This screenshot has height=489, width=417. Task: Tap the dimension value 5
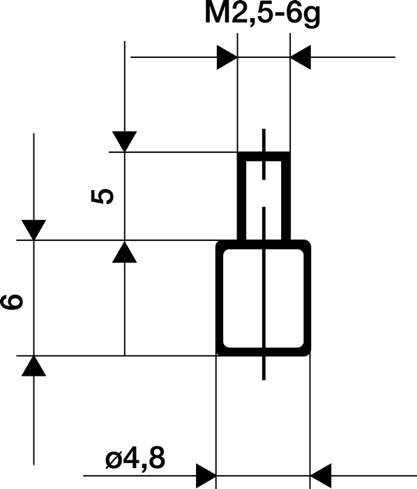click(103, 196)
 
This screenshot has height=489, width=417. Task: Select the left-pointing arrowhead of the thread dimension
click(301, 58)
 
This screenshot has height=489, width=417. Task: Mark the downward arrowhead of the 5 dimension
click(123, 142)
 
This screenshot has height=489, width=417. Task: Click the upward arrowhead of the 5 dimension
click(123, 251)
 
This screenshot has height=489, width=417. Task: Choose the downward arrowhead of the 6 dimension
click(33, 230)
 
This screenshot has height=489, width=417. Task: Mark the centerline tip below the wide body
click(264, 378)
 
